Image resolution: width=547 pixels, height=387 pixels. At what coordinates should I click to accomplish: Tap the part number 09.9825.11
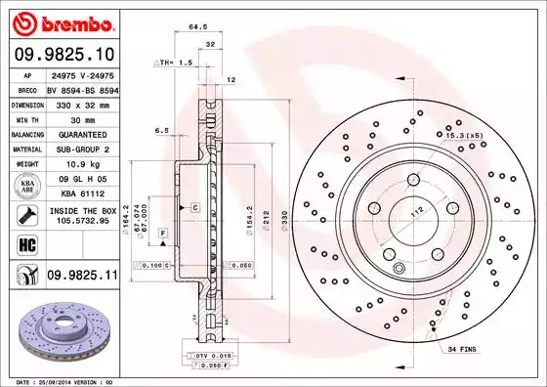80,278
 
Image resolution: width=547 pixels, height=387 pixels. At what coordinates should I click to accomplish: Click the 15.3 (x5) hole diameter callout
465,134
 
